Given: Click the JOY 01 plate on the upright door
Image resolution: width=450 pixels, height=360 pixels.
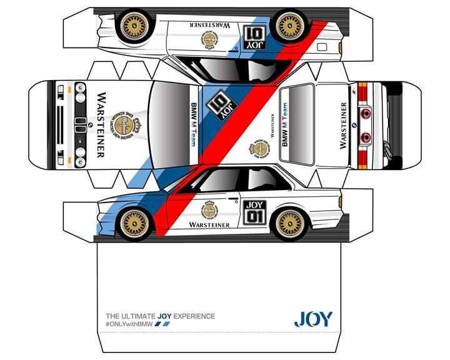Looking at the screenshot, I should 254,211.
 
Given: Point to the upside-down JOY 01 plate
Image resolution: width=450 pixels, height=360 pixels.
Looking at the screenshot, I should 256,38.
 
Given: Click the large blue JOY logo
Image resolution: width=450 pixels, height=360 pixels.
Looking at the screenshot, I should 313,319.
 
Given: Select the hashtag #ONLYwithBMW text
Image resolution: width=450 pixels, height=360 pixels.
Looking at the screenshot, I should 129,324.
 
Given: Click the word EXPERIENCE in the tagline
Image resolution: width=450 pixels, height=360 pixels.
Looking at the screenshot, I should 193,316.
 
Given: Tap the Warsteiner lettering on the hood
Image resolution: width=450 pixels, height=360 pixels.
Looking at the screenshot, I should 101,124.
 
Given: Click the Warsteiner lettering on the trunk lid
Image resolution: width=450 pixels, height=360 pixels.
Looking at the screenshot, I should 343,125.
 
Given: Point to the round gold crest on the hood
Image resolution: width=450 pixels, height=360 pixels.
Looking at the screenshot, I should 124,124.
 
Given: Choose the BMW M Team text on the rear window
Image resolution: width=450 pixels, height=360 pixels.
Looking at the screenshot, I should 285,126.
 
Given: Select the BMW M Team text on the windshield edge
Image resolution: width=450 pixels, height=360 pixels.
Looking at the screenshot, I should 193,124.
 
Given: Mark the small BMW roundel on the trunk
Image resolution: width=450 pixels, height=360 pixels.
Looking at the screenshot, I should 354,125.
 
